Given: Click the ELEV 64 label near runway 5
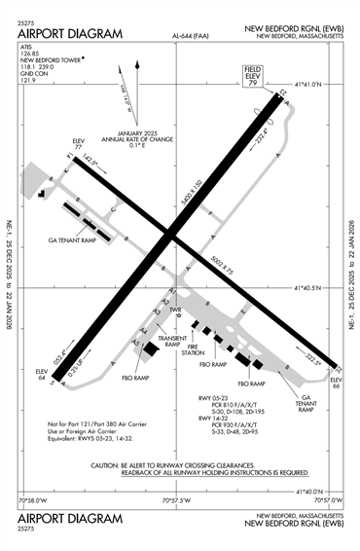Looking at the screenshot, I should tap(42, 376).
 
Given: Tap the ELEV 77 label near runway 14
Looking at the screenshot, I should tap(80, 146).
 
